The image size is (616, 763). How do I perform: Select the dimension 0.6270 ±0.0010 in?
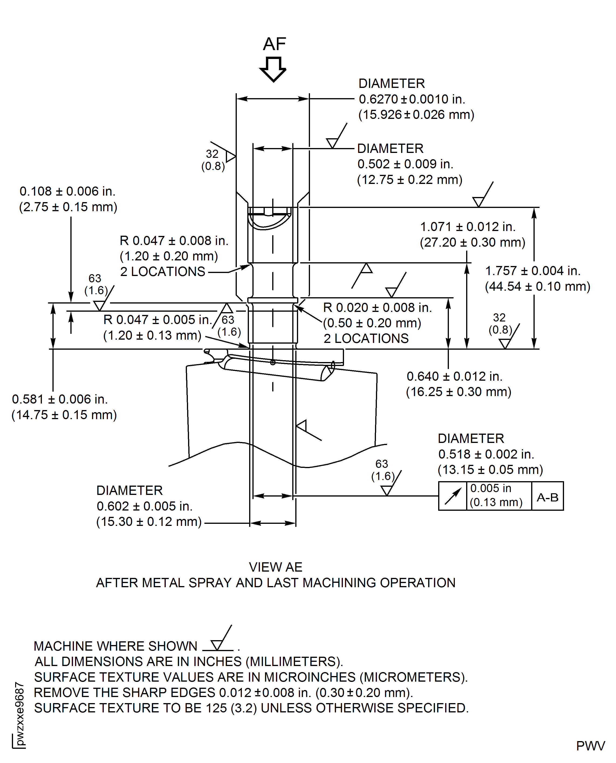coord(412,99)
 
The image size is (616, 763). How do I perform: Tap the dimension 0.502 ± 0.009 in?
coord(405,164)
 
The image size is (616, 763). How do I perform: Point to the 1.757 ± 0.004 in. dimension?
coord(532,271)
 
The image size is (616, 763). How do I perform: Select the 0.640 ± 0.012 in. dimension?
coord(454,376)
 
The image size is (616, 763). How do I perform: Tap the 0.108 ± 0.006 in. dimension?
coord(67,191)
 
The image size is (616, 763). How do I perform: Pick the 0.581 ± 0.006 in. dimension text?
coord(60,399)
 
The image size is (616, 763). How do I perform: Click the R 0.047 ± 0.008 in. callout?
coord(174,241)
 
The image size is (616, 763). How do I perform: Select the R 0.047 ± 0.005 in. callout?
coord(157,320)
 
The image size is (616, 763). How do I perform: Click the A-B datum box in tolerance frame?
coord(547,497)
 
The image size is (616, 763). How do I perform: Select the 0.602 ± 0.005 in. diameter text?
coord(145,506)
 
